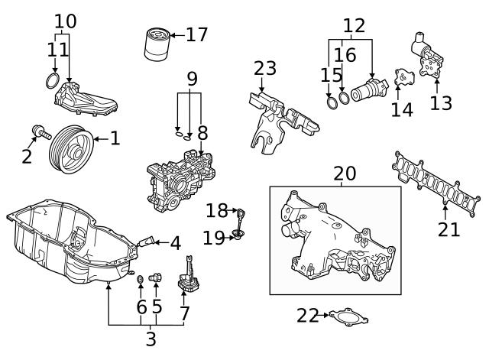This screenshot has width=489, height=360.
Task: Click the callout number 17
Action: pos(196,34)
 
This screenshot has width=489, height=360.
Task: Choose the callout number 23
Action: pos(265,68)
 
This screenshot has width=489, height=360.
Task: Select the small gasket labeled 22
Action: pos(344,316)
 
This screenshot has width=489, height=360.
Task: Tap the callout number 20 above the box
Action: pos(345,174)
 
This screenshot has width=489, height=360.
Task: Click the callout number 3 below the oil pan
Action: pos(151,339)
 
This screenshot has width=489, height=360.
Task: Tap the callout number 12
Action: pos(353,26)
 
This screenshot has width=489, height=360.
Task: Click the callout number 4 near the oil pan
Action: pos(175,244)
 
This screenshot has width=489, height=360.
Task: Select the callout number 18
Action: pos(217,210)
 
